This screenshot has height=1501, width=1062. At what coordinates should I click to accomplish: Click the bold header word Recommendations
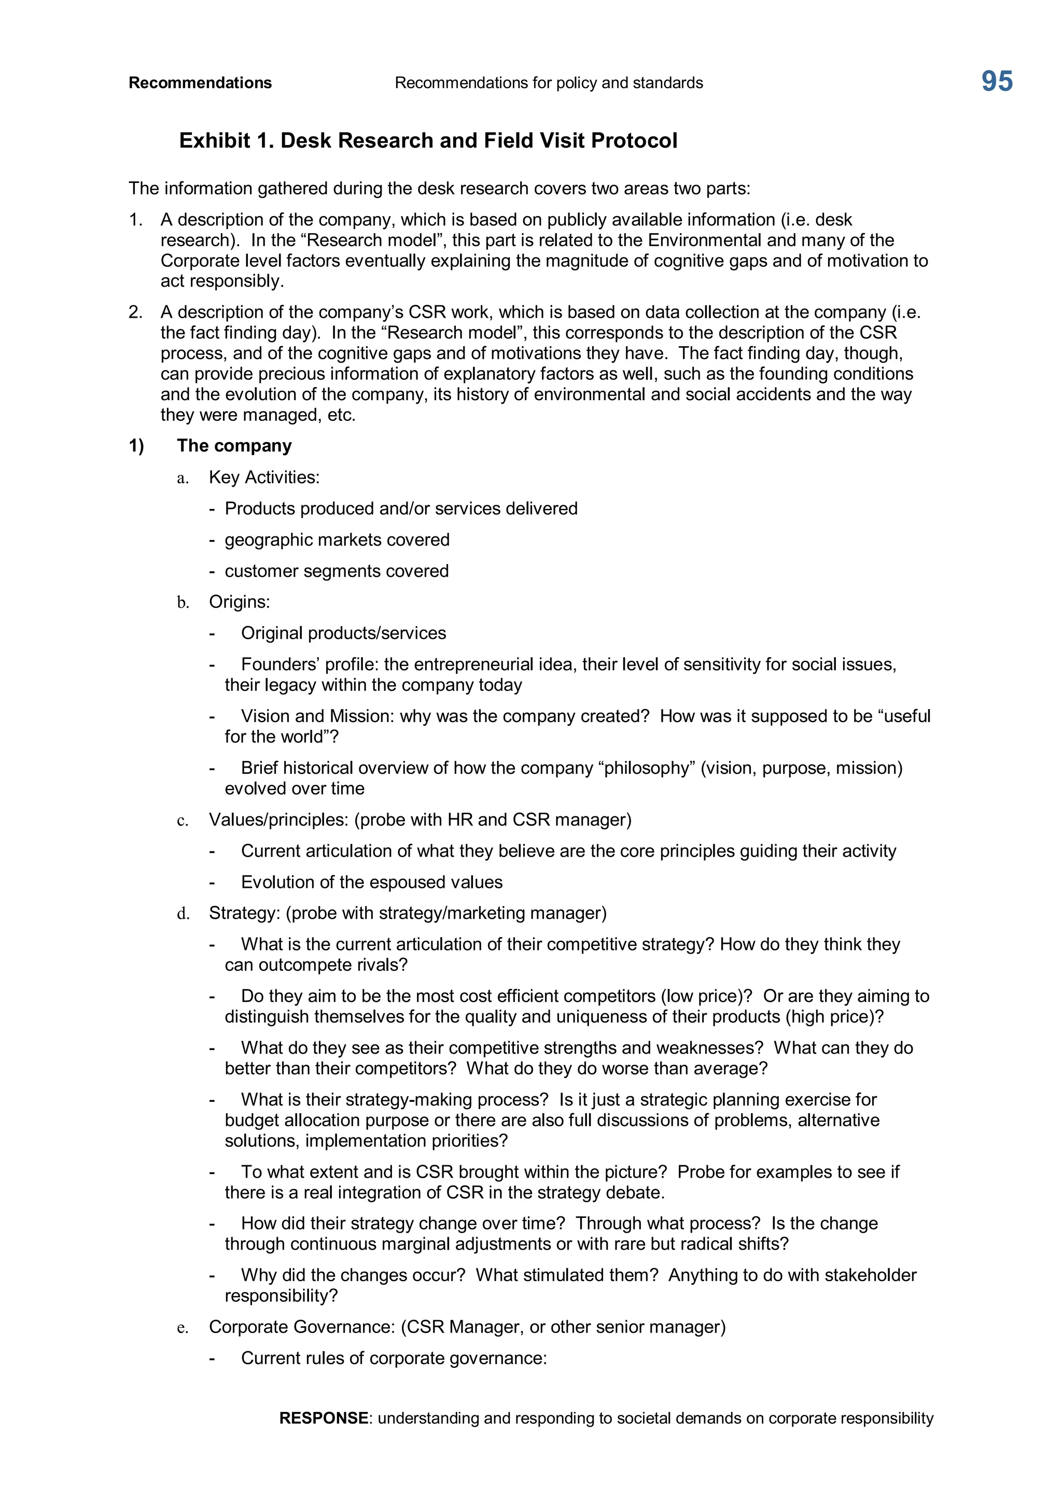[200, 83]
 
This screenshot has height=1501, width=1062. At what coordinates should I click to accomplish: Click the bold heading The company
[234, 446]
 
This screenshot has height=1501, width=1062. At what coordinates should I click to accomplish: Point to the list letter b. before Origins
[183, 602]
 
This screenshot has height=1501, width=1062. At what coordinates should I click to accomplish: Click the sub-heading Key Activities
[263, 477]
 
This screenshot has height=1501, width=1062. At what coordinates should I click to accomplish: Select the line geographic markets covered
[337, 540]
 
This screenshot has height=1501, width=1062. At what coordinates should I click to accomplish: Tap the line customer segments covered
[336, 571]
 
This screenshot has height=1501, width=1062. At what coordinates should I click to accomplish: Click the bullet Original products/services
[343, 633]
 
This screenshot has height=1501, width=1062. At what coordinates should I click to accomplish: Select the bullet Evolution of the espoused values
[371, 883]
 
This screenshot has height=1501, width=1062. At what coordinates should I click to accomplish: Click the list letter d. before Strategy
[183, 913]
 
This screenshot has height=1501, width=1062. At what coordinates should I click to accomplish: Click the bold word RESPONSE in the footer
[324, 1418]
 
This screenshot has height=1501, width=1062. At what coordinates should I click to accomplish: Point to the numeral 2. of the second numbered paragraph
[135, 313]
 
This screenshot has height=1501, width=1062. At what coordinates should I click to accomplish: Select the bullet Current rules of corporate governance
[394, 1358]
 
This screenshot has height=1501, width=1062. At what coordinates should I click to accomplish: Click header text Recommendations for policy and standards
[549, 83]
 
